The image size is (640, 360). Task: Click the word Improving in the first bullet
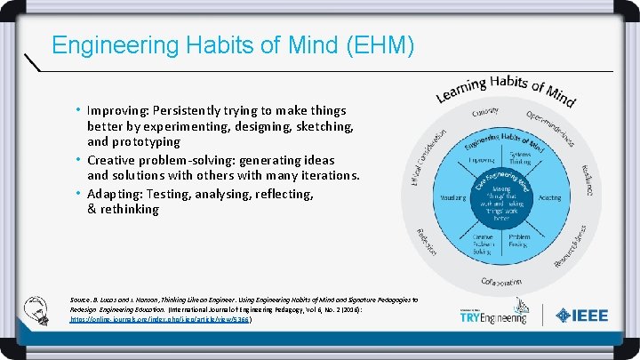[119, 110]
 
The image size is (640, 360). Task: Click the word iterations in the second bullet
[326, 176]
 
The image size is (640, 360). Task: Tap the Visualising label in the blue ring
[453, 197]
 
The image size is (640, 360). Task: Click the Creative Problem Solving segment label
[482, 242]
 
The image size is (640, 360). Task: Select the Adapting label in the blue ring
[549, 197]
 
